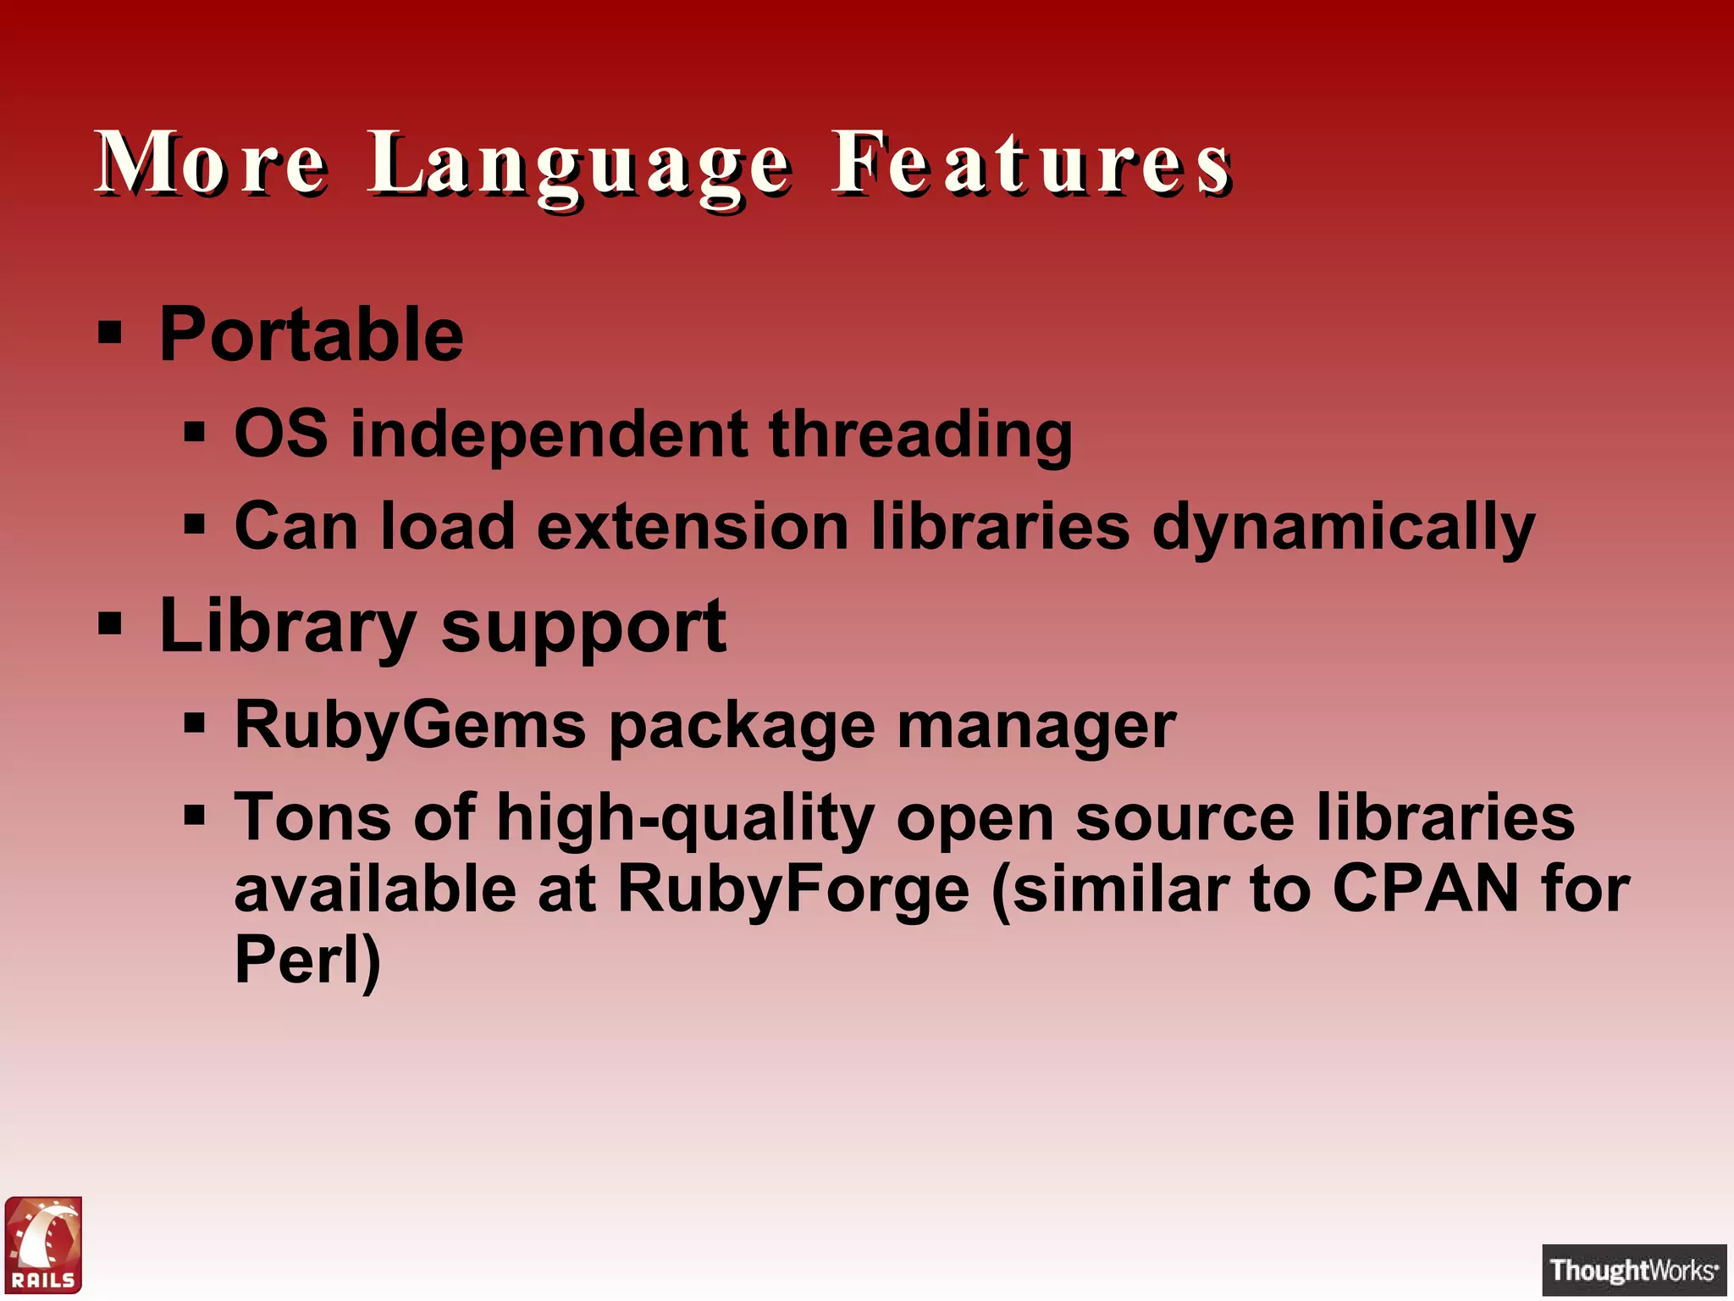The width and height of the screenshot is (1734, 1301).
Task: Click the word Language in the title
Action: (580, 165)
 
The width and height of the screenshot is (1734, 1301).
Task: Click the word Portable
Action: (311, 335)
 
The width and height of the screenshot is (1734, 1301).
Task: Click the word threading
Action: (920, 435)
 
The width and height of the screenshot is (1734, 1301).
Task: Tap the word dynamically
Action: (1344, 527)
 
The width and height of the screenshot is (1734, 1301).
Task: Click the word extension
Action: (693, 526)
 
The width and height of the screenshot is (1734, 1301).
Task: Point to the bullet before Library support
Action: (110, 624)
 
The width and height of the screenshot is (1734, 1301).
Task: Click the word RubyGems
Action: (411, 726)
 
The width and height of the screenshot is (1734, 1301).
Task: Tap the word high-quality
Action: (686, 819)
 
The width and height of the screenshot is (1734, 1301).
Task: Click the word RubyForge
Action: (793, 890)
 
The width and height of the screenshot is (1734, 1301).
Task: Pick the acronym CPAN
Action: (1426, 889)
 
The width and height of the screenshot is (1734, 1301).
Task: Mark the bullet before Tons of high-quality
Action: (195, 816)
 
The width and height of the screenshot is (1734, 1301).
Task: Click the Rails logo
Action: (44, 1244)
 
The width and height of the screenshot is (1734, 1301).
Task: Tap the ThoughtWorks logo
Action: (1633, 1270)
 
